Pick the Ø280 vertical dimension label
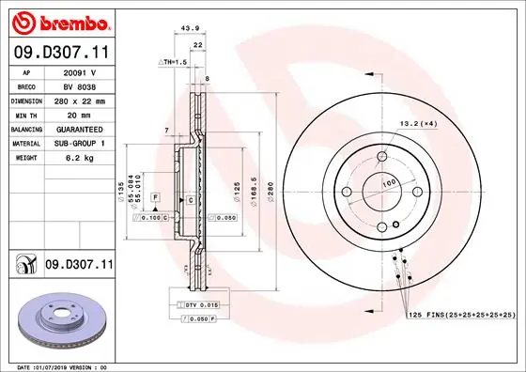coord(271,192)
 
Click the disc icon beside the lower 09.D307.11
coord(23,267)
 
